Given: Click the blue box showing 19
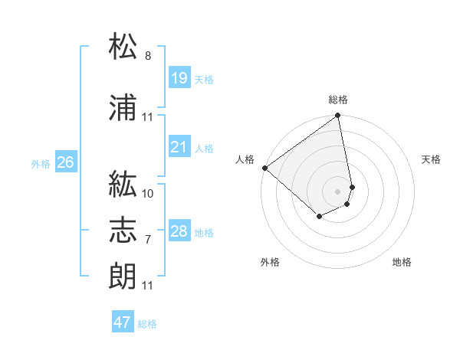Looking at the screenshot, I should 179,78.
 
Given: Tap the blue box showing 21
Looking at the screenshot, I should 179,147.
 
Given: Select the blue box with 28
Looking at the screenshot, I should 179,231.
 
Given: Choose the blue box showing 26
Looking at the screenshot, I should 65,162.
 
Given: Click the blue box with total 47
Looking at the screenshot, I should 123,322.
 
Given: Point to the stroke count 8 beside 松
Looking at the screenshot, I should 148,56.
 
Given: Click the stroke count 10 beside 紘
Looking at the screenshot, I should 148,193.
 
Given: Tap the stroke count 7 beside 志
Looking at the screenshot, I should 148,240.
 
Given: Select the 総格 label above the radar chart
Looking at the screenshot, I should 338,100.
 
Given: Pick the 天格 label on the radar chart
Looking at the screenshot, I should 432,159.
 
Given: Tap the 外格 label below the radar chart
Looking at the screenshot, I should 270,262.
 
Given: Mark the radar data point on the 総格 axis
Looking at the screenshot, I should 338,116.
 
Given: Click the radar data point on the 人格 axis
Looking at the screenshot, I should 264,168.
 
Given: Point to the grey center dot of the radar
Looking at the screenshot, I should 338,191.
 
